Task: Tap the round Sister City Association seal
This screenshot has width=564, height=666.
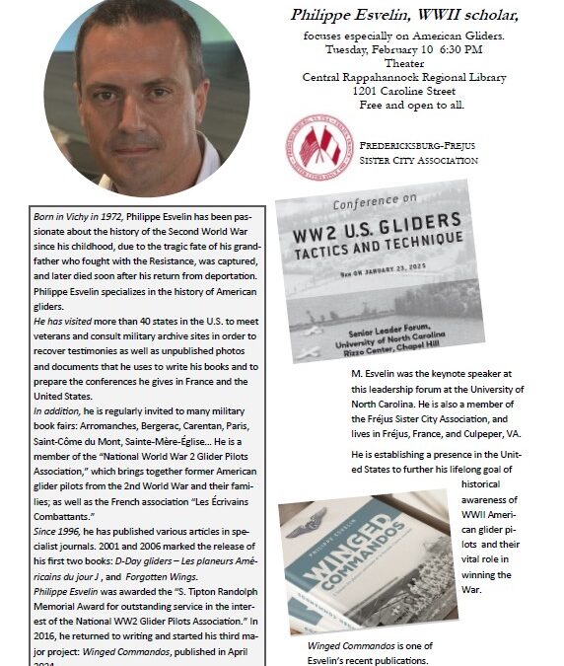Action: (x=318, y=147)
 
